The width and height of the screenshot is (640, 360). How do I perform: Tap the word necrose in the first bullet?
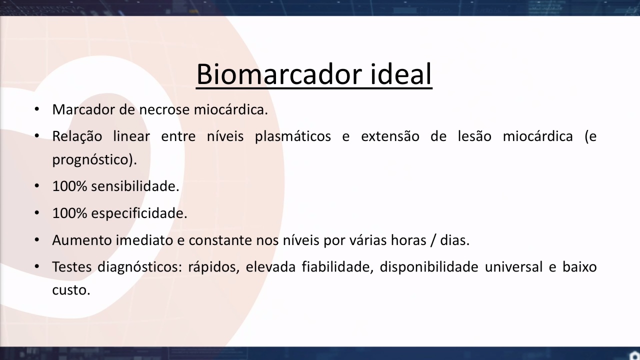pyautogui.click(x=164, y=109)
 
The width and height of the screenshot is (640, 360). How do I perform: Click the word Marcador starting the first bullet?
pyautogui.click(x=83, y=109)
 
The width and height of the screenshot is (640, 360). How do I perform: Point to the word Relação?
pyautogui.click(x=77, y=136)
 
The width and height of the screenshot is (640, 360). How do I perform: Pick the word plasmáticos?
pyautogui.click(x=293, y=136)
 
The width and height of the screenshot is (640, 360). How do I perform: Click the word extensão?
pyautogui.click(x=390, y=136)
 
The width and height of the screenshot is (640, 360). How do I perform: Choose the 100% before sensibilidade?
pyautogui.click(x=69, y=186)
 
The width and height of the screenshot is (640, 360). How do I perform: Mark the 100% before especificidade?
pyautogui.click(x=69, y=213)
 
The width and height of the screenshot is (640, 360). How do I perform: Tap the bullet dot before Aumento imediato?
pyautogui.click(x=37, y=240)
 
